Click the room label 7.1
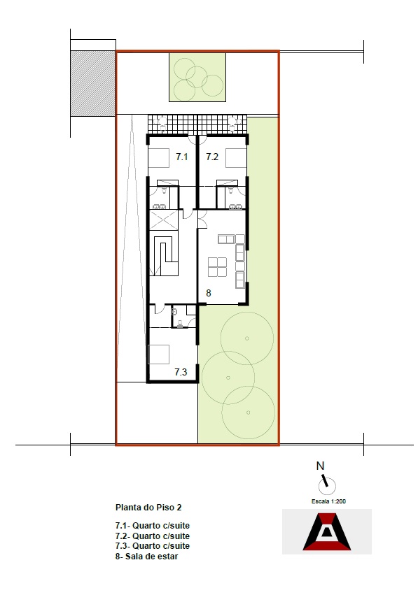(181, 157)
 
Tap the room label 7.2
(212, 157)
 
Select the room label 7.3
(181, 372)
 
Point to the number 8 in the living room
(209, 294)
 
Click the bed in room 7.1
(159, 158)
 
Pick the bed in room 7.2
(236, 158)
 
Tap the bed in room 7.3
(159, 354)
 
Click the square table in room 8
(217, 267)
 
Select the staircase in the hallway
(164, 253)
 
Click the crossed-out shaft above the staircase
(164, 220)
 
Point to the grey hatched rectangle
(93, 83)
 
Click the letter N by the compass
(320, 466)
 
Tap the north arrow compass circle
(327, 487)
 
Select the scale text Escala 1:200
(328, 501)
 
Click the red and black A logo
(327, 532)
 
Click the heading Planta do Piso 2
(148, 507)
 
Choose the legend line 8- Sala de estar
(146, 556)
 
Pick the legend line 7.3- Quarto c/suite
(152, 545)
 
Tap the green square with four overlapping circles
(197, 77)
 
